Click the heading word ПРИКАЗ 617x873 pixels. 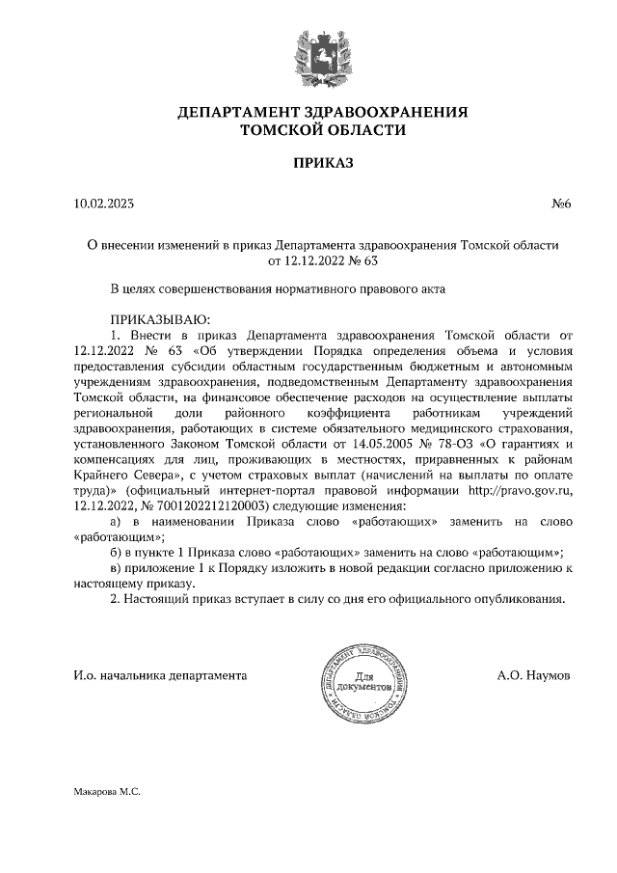(x=323, y=164)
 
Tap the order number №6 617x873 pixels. (x=561, y=204)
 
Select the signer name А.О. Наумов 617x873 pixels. (x=533, y=676)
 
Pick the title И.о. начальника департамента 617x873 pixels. (x=159, y=676)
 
